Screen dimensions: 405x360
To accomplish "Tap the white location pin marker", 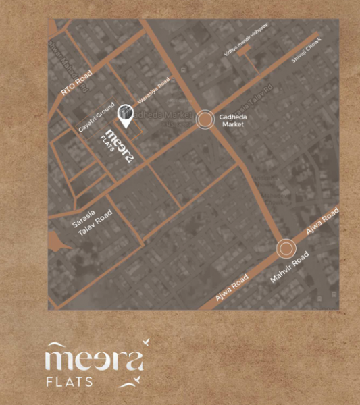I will coord(125,115).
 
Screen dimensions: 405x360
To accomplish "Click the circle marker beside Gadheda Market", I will coord(204,120).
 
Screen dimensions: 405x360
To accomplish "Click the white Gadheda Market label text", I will coord(233,120).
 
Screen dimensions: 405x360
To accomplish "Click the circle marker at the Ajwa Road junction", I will coord(286,249).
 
